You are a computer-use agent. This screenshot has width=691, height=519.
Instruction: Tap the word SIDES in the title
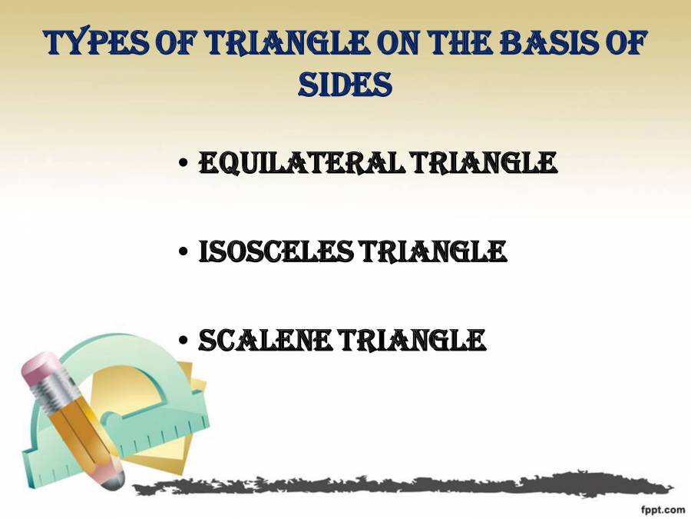click(x=345, y=85)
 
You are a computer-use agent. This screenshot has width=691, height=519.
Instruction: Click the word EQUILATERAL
click(x=303, y=163)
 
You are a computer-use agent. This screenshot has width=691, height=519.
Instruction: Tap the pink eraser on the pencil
click(x=39, y=374)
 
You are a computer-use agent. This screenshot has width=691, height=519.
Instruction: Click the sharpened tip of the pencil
click(x=114, y=481)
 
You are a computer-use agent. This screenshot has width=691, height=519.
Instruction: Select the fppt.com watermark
click(x=662, y=509)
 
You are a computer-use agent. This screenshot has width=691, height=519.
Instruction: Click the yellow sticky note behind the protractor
click(x=184, y=431)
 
